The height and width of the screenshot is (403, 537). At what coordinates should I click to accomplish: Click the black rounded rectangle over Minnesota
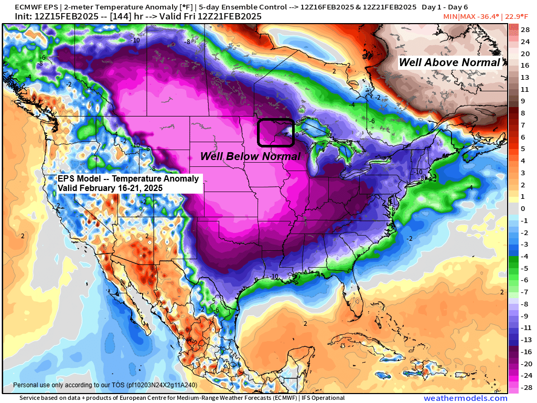pos(275,132)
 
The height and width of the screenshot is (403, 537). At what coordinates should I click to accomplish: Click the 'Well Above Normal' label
pos(449,62)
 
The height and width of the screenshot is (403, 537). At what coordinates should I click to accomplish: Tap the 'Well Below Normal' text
pos(251,156)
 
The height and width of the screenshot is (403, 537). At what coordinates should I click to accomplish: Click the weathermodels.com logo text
pos(465,398)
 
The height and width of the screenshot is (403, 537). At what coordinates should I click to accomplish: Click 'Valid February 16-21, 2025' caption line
pos(110,187)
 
